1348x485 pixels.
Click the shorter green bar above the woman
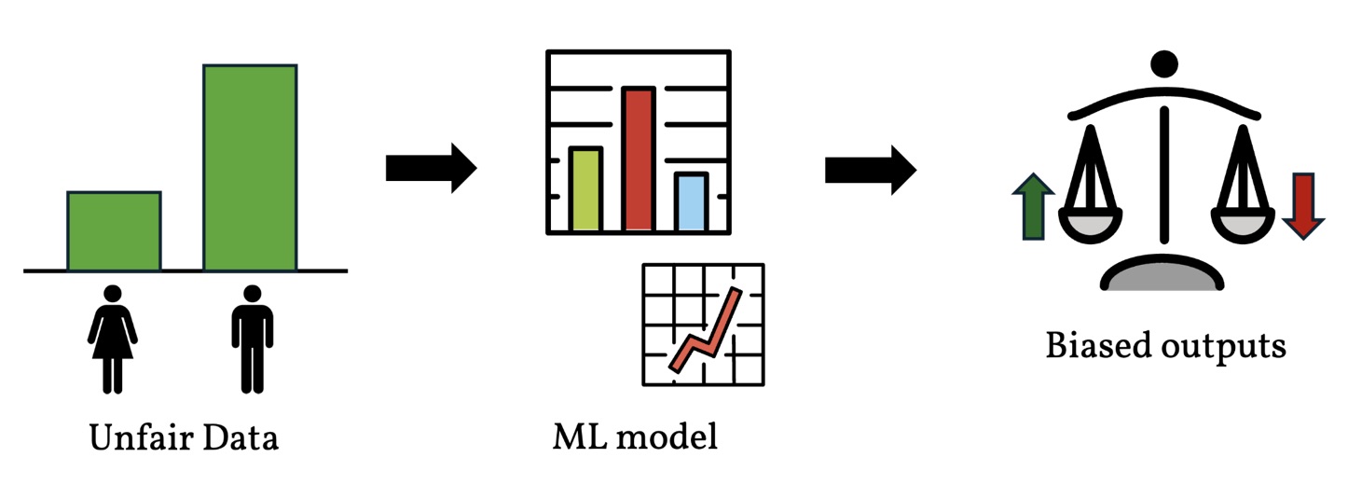(114, 231)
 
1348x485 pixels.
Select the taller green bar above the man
(250, 168)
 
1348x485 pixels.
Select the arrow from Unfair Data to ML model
(431, 168)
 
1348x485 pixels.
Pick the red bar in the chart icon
(638, 159)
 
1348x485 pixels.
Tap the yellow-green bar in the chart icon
(585, 188)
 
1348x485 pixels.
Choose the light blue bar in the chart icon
(691, 201)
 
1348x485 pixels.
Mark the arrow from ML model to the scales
(870, 169)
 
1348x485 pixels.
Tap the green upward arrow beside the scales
(1032, 207)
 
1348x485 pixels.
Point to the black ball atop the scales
(1162, 63)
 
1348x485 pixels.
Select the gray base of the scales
(1162, 277)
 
